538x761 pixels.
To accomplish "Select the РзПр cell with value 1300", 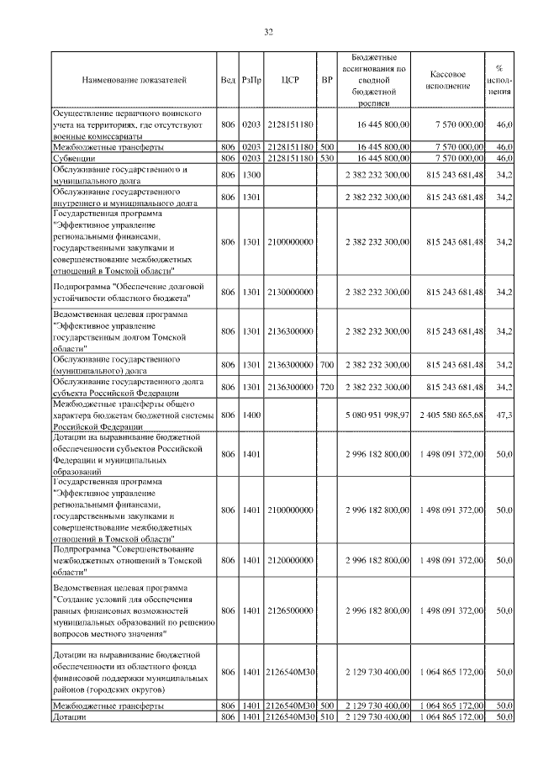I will tap(251, 174).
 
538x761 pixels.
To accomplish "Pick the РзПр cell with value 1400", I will tap(251, 415).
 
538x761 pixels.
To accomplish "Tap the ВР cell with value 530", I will tap(328, 157).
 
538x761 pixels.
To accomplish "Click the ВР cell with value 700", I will tap(328, 364).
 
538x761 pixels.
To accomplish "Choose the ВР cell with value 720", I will tap(328, 386).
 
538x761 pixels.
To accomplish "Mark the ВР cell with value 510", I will tap(328, 716).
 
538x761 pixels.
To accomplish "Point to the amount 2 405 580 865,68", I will tap(447, 415).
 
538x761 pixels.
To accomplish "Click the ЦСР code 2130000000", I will tap(290, 292).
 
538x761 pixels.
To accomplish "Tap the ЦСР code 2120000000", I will tap(290, 558).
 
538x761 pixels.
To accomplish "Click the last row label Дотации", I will tap(70, 716).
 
